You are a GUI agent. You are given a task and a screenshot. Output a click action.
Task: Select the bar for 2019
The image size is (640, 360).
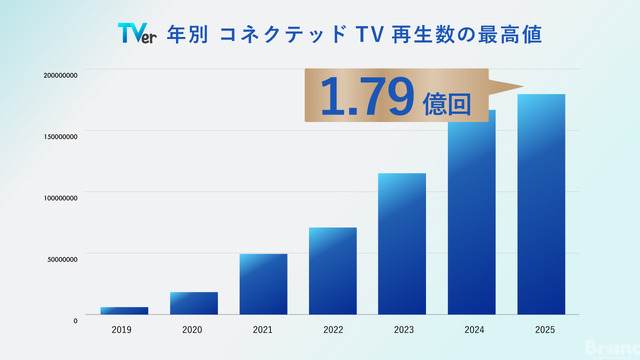tap(124, 311)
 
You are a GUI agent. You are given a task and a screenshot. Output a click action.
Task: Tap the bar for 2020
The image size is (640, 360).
tap(194, 304)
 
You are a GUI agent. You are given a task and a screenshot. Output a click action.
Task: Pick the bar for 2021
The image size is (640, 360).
tap(263, 285)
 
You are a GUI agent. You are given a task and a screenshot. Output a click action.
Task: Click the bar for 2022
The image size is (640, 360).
tap(333, 272)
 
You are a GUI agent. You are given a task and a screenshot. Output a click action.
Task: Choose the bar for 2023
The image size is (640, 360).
tap(402, 245)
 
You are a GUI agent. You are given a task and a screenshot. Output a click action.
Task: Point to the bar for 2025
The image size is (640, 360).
tap(541, 205)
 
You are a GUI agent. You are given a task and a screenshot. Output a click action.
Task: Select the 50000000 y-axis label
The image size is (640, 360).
tap(62, 258)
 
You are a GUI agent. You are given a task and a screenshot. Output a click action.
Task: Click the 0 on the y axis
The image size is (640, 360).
tap(75, 319)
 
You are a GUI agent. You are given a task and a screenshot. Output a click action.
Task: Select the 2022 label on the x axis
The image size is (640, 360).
tap(333, 329)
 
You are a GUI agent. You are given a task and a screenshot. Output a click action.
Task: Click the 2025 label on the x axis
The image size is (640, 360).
tap(541, 329)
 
